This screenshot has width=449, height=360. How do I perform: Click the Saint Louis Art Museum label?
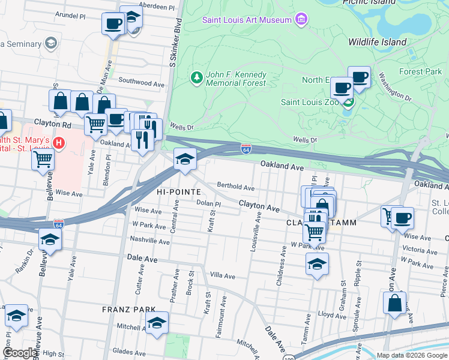coord(246,20)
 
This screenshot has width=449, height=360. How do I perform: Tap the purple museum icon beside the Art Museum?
coord(301,20)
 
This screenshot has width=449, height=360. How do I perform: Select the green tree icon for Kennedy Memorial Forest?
coord(196,77)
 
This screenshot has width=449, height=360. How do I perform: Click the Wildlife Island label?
coord(377,42)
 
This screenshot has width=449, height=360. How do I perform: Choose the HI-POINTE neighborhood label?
coord(178,191)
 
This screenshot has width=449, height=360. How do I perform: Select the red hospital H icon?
coord(59,143)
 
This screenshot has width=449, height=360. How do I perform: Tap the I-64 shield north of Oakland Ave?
coord(246,148)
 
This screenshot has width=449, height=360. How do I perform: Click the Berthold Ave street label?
coord(236,187)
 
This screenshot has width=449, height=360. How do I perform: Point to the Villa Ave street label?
coord(222,275)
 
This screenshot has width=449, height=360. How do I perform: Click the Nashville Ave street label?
coord(151,241)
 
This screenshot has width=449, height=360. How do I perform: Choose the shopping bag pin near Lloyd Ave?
coord(394,303)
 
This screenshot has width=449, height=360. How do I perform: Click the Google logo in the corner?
coord(20,353)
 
